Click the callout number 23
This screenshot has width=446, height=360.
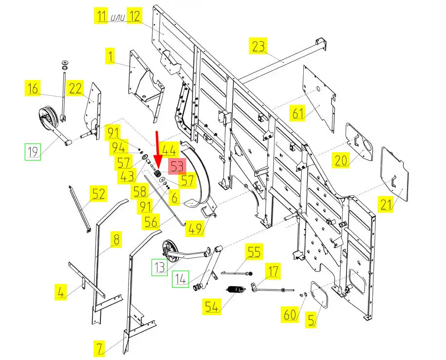point(259,46)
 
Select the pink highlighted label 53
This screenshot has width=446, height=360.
point(176,166)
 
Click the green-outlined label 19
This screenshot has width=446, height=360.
point(33,152)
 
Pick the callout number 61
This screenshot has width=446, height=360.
point(298,114)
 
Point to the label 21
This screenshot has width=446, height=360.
point(387,205)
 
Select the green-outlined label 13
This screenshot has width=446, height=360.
point(160,267)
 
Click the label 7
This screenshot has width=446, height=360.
point(99,348)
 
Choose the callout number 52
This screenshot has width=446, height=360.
point(98,194)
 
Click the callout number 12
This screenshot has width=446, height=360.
point(134,16)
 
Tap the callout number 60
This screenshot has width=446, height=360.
point(290,315)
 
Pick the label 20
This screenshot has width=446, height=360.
point(341,160)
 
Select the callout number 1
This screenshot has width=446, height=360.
point(111,57)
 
